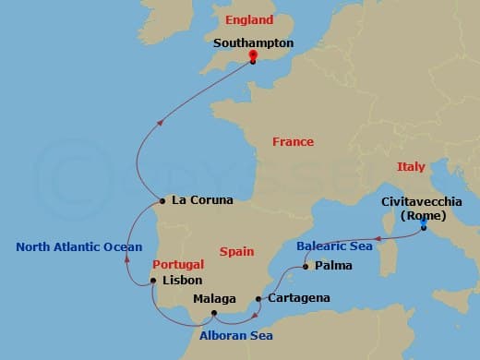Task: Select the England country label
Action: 248,19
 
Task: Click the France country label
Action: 293,142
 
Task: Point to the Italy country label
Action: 411,167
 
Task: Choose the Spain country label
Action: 237,251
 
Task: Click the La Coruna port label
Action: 202,199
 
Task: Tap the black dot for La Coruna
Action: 162,200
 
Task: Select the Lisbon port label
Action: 182,280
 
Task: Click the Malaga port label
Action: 215,299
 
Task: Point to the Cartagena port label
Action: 298,299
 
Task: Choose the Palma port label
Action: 332,267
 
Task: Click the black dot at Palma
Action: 305,268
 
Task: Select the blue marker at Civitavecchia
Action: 423,223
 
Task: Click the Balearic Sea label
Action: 333,247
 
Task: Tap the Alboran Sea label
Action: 235,335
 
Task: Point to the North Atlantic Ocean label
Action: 78,246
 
